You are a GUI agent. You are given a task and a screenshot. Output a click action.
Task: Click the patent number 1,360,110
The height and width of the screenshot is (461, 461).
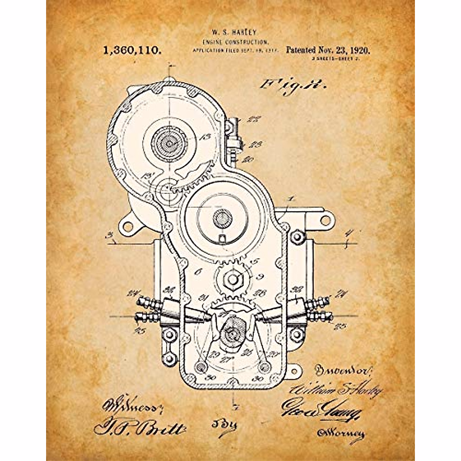click(131, 50)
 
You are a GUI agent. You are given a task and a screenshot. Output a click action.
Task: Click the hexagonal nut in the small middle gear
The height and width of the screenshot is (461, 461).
click(231, 275)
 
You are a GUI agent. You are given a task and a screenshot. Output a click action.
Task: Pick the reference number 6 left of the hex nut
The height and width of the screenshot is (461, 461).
click(198, 272)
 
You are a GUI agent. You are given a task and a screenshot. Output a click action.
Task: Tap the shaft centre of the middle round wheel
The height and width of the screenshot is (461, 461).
click(222, 219)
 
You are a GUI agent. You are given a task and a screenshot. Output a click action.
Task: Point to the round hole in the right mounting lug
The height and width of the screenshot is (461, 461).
click(325, 220)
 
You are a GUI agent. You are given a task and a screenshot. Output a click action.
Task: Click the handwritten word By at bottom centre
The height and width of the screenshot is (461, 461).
click(225, 425)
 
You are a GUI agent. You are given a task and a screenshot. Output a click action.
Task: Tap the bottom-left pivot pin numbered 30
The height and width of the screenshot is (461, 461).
click(200, 367)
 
